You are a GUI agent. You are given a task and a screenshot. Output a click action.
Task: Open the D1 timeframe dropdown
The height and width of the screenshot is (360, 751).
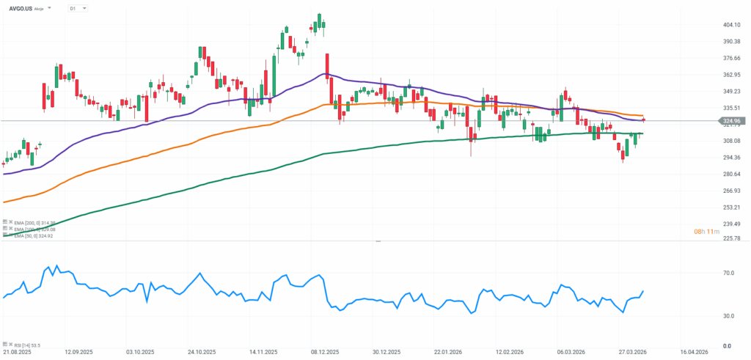pyautogui.click(x=76, y=8)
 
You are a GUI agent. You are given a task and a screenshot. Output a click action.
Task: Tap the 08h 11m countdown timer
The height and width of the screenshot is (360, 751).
pyautogui.click(x=707, y=232)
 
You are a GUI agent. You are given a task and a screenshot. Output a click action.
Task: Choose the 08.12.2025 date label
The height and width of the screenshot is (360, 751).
pyautogui.click(x=322, y=353)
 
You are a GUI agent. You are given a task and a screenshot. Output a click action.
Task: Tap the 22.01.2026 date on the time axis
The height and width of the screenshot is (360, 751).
pyautogui.click(x=445, y=353)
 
